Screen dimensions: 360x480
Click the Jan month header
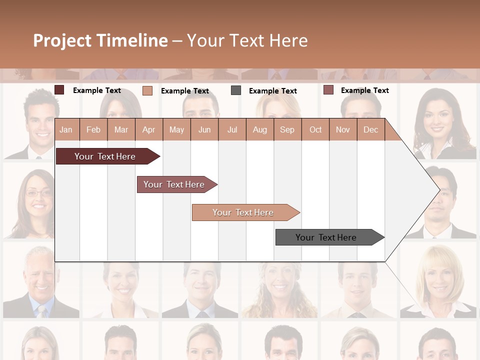(x=66, y=129)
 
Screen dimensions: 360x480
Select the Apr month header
(x=148, y=129)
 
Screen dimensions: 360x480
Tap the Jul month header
(x=232, y=129)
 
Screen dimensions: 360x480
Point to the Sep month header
(x=287, y=129)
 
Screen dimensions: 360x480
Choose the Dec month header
(x=370, y=129)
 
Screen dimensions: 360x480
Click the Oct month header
(x=315, y=129)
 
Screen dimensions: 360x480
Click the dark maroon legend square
(x=59, y=90)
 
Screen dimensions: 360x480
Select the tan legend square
(x=147, y=90)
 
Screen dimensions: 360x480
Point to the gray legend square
(x=236, y=90)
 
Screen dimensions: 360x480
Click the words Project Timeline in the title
(x=100, y=40)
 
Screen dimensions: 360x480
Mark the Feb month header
(x=93, y=129)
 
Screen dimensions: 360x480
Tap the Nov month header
(x=343, y=129)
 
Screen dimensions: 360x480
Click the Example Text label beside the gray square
(x=272, y=91)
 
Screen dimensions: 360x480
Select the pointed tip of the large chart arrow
(x=438, y=189)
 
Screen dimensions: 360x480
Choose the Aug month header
(x=260, y=129)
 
